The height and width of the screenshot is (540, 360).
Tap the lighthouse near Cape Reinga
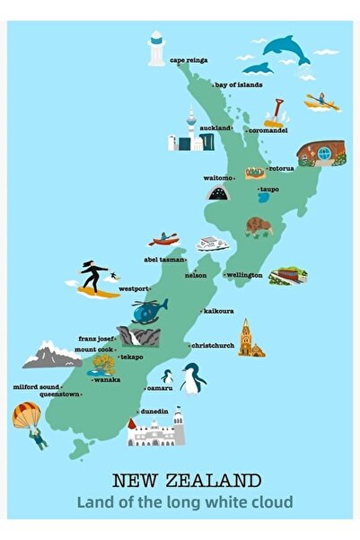tap(157, 49)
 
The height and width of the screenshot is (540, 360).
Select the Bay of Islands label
tap(238, 84)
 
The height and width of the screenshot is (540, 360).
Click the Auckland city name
tap(215, 128)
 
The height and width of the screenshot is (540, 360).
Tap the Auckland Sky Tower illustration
tap(190, 130)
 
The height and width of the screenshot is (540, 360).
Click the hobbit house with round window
tap(320, 152)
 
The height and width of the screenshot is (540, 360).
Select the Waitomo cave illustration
tap(217, 191)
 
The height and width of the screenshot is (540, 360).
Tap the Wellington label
tap(243, 274)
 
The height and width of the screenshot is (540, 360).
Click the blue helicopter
tap(148, 310)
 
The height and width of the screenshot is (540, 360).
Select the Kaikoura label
tap(218, 311)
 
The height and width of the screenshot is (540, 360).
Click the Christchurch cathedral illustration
tap(250, 340)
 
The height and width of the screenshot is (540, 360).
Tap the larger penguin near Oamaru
tap(191, 378)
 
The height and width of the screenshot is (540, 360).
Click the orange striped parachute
tap(25, 415)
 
